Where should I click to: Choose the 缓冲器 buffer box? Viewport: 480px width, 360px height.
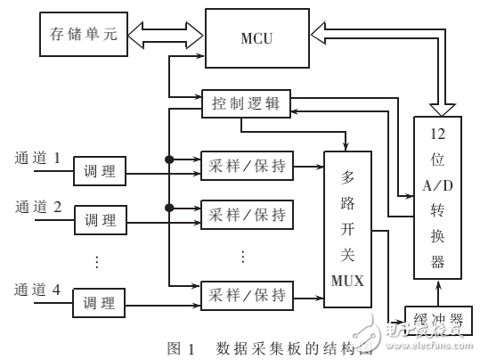[437, 319]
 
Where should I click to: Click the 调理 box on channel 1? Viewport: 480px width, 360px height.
[100, 170]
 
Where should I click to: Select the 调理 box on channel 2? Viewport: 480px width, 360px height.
[100, 217]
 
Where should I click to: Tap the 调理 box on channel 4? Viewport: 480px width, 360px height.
[100, 303]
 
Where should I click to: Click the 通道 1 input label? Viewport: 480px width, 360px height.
[37, 159]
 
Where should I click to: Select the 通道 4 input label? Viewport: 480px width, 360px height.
[37, 289]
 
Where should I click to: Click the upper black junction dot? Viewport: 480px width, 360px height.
[167, 160]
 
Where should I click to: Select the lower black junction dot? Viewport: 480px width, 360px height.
[167, 208]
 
